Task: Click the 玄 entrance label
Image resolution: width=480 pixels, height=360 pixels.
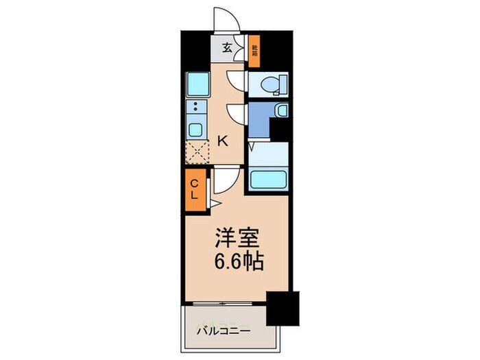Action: [226, 49]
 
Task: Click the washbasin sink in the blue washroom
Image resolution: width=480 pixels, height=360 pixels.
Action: [281, 112]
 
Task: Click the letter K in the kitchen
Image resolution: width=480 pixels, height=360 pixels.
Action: [222, 141]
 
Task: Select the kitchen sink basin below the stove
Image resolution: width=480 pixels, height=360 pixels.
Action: [195, 129]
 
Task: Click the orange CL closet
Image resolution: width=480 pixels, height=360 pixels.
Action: [195, 189]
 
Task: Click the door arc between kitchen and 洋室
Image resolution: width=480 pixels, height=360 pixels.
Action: [225, 180]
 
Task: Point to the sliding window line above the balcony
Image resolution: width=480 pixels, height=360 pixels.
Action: [225, 302]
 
